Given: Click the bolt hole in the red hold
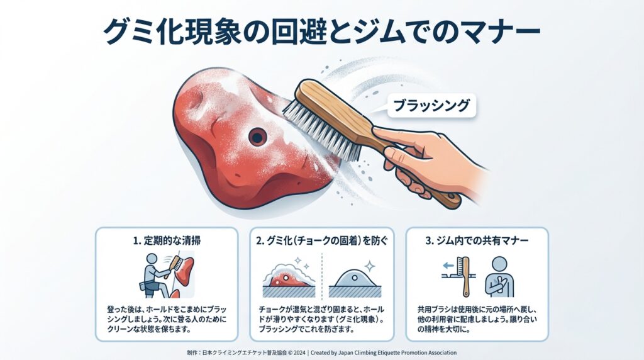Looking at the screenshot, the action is [x=257, y=137].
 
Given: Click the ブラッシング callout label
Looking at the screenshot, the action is [x=431, y=106].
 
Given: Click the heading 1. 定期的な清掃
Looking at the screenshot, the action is [x=167, y=240].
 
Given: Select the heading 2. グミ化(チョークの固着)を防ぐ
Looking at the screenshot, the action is [x=321, y=240].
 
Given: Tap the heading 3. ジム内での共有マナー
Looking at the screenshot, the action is [x=477, y=240].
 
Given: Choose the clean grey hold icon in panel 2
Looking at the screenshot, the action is [x=355, y=278].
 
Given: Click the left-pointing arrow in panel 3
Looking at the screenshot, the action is [x=448, y=266].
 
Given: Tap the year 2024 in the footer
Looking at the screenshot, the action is [x=299, y=352].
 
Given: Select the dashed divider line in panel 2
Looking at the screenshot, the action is [x=322, y=275].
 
